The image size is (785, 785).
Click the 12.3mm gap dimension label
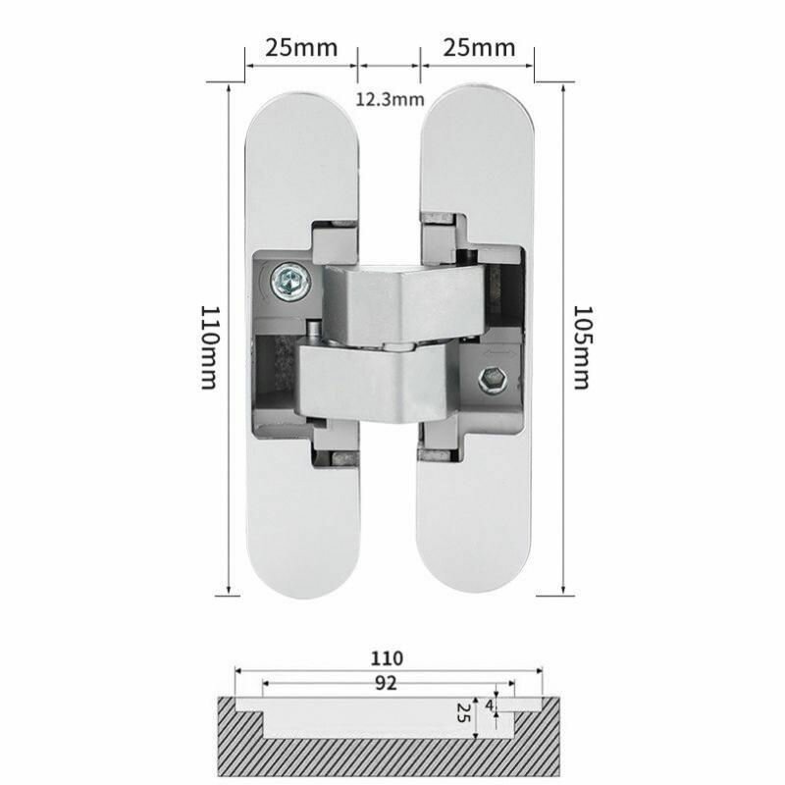coord(390,99)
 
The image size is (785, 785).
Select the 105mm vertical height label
coord(582,347)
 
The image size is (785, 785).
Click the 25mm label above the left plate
coord(301,48)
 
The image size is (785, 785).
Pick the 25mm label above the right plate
coord(479,48)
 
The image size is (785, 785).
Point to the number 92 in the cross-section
coord(386,683)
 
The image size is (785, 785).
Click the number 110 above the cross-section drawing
coord(387,658)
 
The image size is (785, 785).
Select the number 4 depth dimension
coord(489,705)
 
